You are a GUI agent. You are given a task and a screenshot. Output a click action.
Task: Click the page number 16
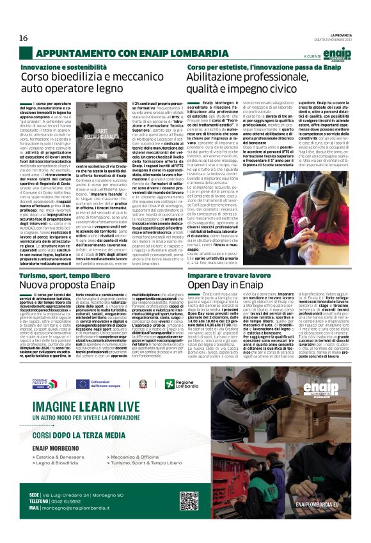23,38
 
